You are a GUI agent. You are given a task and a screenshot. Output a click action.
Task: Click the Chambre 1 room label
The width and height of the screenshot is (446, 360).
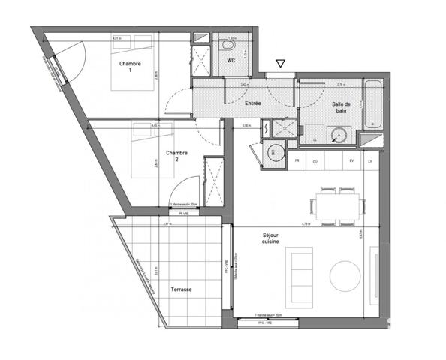[130, 67]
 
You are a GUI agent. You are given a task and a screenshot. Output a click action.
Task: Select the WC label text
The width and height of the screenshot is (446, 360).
[243, 61]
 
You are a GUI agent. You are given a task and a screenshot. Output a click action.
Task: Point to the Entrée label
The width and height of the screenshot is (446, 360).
[252, 103]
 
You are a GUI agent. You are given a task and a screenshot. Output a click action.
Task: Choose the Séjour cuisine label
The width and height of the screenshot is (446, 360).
[271, 237]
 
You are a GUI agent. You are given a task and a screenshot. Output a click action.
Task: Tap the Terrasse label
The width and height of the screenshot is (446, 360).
[180, 289]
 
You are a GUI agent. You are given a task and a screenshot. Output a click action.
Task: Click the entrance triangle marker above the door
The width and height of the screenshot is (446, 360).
[280, 64]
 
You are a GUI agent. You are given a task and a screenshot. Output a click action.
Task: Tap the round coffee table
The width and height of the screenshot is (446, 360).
[346, 276]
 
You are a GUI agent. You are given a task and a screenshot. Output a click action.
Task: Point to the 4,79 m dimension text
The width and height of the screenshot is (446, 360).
[306, 224]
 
